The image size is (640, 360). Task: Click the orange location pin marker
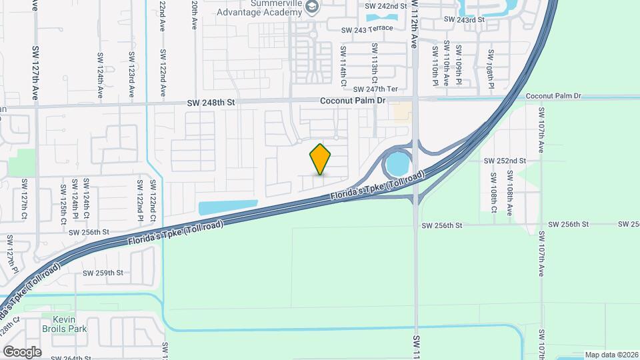pos(321,159)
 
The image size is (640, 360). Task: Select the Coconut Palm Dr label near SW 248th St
pos(353,101)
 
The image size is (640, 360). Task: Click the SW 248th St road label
pos(211,103)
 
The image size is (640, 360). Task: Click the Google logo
pos(22,351)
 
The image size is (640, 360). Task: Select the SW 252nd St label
pos(505,161)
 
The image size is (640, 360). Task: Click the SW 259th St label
pos(103,273)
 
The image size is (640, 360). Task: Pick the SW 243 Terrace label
pos(367,30)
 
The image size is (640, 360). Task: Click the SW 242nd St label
pos(386,6)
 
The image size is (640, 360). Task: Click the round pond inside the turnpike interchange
pos(398,163)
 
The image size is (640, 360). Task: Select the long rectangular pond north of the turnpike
pos(228,207)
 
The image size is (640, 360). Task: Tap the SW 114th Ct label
pos(343,67)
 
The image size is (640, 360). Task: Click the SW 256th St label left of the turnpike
pos(89,232)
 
